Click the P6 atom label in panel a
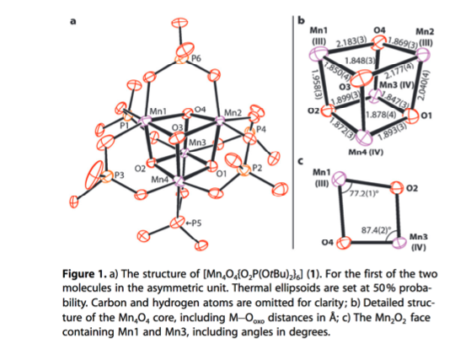196,58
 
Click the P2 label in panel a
257,169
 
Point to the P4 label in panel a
260,129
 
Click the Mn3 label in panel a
197,143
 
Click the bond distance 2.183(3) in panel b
350,40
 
